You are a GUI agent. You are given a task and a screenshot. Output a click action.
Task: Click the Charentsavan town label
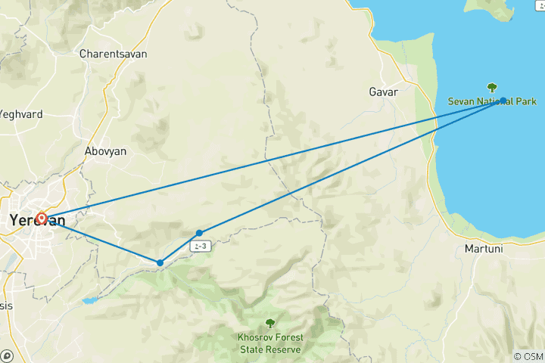(114, 54)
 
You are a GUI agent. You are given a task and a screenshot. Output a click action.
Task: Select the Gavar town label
(383, 92)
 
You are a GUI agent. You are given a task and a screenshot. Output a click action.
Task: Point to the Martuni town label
(484, 249)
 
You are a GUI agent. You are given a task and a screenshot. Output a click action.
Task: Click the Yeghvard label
(20, 114)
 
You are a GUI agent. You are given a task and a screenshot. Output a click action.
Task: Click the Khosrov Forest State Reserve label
(270, 343)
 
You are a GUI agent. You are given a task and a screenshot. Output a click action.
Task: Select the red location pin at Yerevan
(42, 219)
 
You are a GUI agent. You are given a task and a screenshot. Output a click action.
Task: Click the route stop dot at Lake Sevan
(503, 100)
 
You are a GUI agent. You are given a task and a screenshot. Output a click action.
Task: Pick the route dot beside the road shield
(199, 233)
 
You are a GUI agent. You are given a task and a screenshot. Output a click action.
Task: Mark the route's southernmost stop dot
(160, 263)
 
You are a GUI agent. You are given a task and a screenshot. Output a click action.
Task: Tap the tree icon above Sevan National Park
(493, 88)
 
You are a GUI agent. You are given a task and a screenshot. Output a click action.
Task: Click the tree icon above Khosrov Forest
(270, 324)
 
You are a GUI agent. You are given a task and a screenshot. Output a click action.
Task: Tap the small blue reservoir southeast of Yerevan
(90, 300)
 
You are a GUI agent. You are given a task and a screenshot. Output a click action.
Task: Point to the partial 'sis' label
(6, 306)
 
